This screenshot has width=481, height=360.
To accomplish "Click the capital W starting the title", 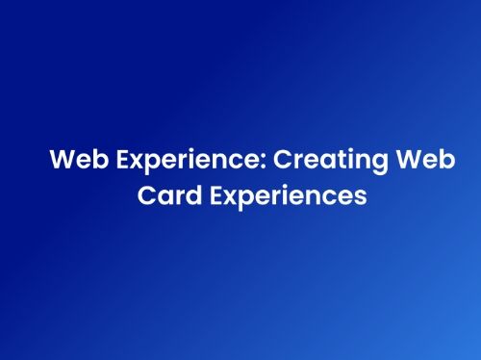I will [61, 160].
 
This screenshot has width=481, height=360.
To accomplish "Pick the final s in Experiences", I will [361, 194].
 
